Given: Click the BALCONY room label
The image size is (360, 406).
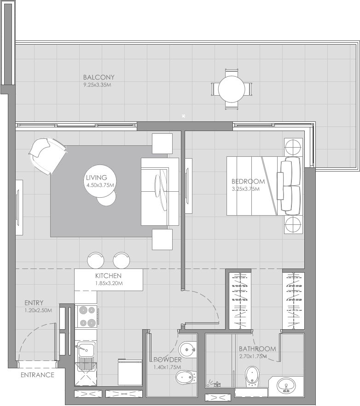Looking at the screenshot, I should tap(99, 77).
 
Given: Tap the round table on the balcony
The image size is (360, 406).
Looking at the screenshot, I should tap(231, 89).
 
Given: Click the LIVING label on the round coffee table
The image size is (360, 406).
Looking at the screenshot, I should tap(96, 177).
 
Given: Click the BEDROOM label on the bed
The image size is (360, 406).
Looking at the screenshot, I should tap(248, 181).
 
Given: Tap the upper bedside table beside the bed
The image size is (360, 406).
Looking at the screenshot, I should tap(293, 147).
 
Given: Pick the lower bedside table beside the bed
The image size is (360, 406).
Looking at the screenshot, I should tap(293, 225).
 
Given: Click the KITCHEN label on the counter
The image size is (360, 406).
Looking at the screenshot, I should tap(108, 275).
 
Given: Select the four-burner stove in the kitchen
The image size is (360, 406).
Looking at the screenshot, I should tap(86, 316).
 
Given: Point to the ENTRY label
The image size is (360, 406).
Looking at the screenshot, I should tap(34, 303).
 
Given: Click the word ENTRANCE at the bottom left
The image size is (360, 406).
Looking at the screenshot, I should tap(37, 375).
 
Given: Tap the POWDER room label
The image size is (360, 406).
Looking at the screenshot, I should tap(168, 360).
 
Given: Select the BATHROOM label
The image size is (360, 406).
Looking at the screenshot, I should tap(257, 349).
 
